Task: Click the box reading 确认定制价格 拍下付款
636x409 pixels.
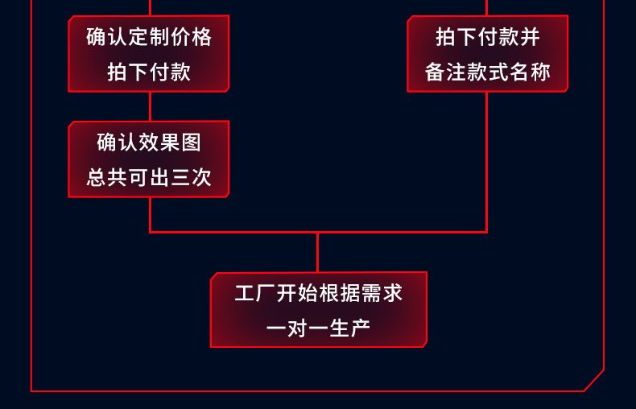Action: click(x=149, y=54)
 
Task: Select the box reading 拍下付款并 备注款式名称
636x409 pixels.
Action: click(x=487, y=54)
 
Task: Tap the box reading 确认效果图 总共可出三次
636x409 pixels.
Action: click(x=149, y=159)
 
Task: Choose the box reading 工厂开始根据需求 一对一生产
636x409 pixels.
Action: click(x=318, y=310)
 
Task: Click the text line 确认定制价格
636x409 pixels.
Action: click(x=149, y=37)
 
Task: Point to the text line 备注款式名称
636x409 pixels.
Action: click(x=487, y=72)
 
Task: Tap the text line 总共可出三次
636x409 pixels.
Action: click(x=149, y=178)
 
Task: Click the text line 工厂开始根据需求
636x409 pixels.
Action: click(x=318, y=293)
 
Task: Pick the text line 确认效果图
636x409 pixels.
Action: click(x=149, y=143)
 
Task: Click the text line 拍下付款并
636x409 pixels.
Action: click(x=487, y=37)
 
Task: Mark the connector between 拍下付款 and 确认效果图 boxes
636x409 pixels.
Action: click(x=150, y=106)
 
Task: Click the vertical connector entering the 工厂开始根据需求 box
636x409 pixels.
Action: click(x=317, y=252)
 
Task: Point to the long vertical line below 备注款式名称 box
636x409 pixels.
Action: click(x=486, y=161)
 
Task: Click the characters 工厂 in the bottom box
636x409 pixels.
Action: click(x=255, y=293)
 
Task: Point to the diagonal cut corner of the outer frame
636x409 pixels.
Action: click(x=593, y=381)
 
